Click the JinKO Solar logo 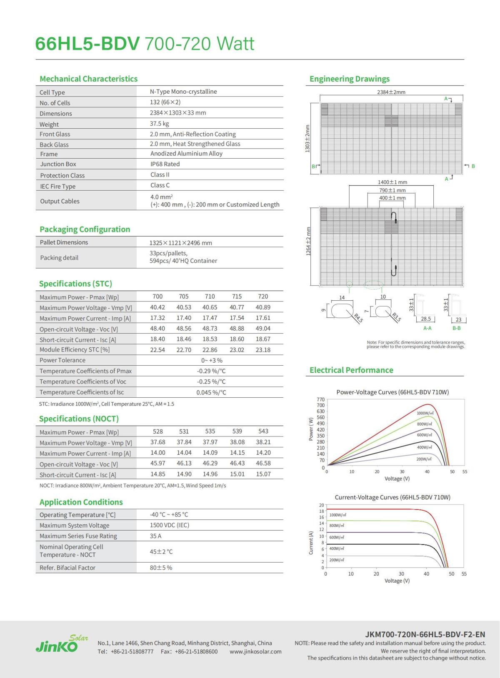point(61,644)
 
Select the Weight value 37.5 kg point(159,124)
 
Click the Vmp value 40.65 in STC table point(210,307)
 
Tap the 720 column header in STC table point(263,297)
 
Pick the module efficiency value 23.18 point(263,350)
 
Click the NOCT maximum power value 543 point(263,431)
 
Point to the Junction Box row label point(58,164)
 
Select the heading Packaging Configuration point(85,229)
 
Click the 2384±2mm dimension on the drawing point(391,92)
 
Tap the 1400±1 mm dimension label point(392,182)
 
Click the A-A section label point(427,328)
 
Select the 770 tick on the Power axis point(320,399)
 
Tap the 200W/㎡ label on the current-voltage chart point(337,560)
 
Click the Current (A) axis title point(311,543)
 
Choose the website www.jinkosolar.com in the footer point(255,652)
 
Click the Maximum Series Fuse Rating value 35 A point(155,536)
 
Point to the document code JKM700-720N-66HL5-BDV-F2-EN point(425,635)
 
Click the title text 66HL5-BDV point(87,44)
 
